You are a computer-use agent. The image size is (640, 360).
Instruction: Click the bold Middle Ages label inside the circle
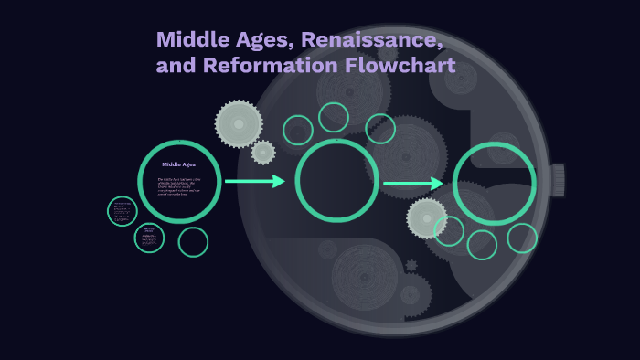[x=178, y=164]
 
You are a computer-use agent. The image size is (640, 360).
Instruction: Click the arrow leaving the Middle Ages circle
[x=255, y=181]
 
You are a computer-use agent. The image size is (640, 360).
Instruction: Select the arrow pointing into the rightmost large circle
[x=413, y=184]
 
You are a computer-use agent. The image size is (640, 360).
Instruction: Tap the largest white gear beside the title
[x=239, y=123]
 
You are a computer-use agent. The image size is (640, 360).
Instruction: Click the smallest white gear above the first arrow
[x=263, y=153]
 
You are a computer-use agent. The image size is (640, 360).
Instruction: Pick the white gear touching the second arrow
[x=427, y=218]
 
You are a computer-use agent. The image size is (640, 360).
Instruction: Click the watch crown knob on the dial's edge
[x=557, y=180]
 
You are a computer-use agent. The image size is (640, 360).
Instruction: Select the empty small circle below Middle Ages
[x=193, y=242]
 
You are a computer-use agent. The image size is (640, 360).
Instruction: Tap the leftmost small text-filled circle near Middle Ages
[x=122, y=211]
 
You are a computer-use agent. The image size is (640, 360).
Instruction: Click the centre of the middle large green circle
[x=336, y=181]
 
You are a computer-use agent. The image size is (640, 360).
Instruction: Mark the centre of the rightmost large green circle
[x=495, y=184]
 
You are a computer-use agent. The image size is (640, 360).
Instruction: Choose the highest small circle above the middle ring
[x=334, y=117]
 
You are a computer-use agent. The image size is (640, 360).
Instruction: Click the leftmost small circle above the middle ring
[x=298, y=131]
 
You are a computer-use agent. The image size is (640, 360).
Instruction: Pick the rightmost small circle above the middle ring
[x=380, y=129]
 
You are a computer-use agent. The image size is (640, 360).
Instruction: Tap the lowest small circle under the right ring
[x=482, y=245]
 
